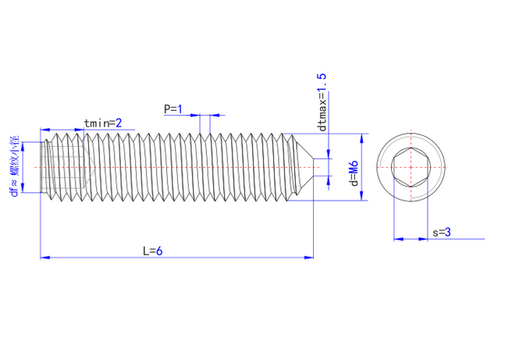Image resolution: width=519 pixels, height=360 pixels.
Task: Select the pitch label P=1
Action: point(172,109)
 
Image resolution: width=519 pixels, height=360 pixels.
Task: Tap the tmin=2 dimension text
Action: point(103,123)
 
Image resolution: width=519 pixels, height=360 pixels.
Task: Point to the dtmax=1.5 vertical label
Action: point(321,101)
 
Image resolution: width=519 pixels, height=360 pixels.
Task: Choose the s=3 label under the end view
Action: point(442,232)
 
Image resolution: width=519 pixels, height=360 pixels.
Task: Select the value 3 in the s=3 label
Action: point(449,232)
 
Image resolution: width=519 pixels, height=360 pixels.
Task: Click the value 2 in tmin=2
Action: point(119,123)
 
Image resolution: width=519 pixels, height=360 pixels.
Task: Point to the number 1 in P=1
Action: point(180,109)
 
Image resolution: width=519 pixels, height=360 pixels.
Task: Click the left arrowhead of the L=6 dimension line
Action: point(44,256)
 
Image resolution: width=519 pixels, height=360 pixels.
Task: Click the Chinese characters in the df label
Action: point(14,155)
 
